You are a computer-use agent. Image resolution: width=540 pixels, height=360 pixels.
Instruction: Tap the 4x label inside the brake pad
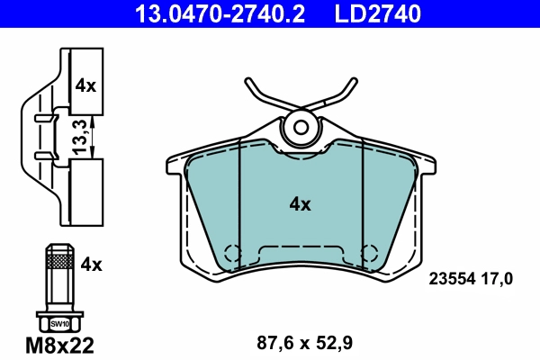300,204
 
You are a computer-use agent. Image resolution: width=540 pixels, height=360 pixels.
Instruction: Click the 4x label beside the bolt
92,265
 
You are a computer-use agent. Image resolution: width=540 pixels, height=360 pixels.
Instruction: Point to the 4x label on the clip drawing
85,86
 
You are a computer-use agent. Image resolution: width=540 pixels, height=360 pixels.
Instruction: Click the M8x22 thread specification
58,343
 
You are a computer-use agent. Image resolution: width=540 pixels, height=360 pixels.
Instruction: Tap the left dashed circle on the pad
233,253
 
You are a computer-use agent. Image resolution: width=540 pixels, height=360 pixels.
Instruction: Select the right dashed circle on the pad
367,253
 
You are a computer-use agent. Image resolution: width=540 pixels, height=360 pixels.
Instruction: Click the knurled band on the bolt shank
58,261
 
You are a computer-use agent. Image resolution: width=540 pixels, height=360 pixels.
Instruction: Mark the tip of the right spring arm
351,81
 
